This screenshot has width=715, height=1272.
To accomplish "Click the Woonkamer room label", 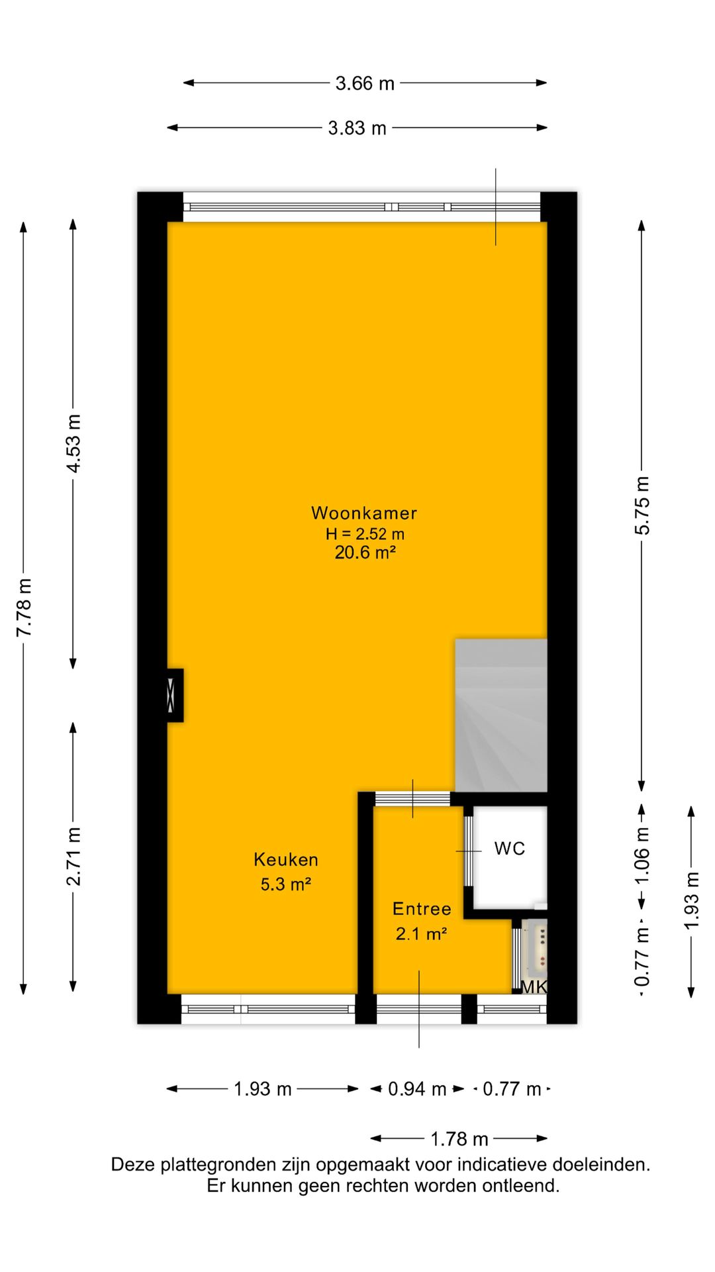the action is click(x=364, y=513).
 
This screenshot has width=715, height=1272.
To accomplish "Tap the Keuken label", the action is click(x=286, y=860).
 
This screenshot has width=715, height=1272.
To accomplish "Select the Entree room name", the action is click(x=422, y=909).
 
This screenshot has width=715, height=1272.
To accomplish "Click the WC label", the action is click(x=510, y=849).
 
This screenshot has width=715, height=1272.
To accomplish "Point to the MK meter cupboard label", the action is click(x=534, y=987).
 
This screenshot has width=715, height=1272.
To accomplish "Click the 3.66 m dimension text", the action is click(x=365, y=83).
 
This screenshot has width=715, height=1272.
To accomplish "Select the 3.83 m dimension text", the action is click(x=357, y=128).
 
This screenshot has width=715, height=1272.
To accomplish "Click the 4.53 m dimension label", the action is click(x=73, y=444).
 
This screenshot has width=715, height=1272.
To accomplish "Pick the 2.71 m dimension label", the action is click(x=73, y=857).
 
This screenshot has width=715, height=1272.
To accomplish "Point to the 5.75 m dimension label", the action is click(x=642, y=505).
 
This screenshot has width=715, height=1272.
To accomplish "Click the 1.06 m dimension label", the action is click(x=642, y=857).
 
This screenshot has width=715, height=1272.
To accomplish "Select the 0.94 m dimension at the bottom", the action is click(x=417, y=1088).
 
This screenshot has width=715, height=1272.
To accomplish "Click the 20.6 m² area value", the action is click(x=365, y=552).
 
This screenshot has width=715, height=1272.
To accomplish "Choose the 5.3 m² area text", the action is click(x=286, y=884).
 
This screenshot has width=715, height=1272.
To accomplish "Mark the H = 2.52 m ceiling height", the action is click(x=365, y=533).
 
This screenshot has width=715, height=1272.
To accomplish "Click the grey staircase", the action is click(x=501, y=715).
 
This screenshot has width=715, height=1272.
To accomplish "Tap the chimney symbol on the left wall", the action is click(x=175, y=695).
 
